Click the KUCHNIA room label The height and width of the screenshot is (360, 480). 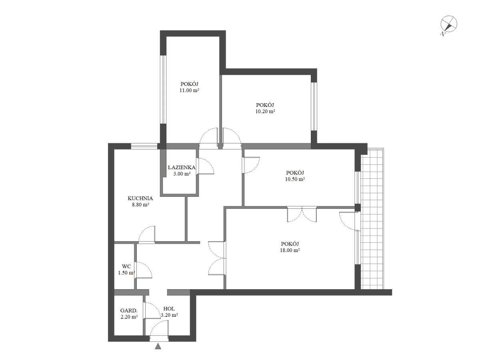click(140, 198)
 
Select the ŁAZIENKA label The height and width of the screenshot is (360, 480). click(182, 168)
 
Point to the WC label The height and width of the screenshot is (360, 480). click(126, 266)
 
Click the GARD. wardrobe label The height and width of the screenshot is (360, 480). click(129, 310)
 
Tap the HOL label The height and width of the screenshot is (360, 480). click(169, 309)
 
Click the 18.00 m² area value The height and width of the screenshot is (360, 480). click(290, 250)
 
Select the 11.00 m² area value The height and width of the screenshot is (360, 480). click(189, 90)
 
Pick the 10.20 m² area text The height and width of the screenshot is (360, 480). click(265, 111)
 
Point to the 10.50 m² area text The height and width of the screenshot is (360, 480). click(295, 179)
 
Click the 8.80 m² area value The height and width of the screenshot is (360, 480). click(140, 205)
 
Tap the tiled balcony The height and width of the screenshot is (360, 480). click(372, 219)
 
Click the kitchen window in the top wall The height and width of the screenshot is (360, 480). click(144, 146)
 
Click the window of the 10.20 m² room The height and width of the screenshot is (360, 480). click(314, 106)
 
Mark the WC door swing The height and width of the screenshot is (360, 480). click(143, 270)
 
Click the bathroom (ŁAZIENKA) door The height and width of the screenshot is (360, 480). click(205, 166)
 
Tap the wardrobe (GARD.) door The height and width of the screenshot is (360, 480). click(152, 310)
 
